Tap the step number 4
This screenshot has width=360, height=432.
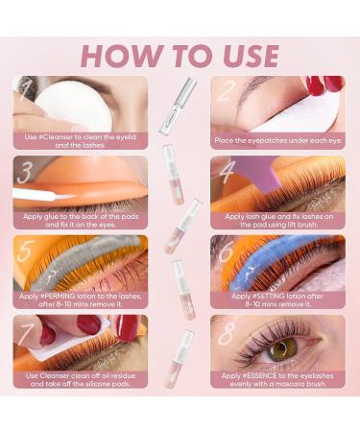(x=227, y=174)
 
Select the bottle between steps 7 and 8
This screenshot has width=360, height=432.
(x=175, y=355)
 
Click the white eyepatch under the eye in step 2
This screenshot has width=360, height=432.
(x=278, y=112)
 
